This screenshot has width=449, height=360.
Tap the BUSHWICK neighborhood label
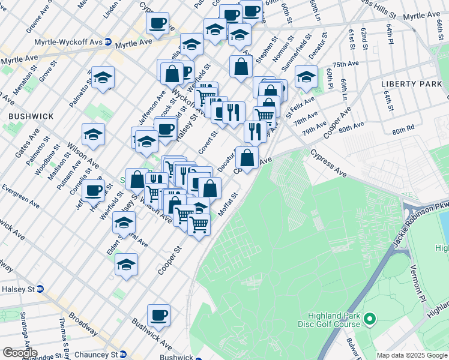click(x=31, y=116)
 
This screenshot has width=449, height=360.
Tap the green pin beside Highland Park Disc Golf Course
click(x=370, y=319)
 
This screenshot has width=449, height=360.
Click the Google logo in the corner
click(x=19, y=353)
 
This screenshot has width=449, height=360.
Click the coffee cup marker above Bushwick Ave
click(x=158, y=315)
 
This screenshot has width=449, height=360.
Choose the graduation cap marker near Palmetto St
click(x=103, y=77)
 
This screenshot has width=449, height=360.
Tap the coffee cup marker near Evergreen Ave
click(x=93, y=191)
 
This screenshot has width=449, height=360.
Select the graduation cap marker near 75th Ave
click(x=306, y=76)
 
